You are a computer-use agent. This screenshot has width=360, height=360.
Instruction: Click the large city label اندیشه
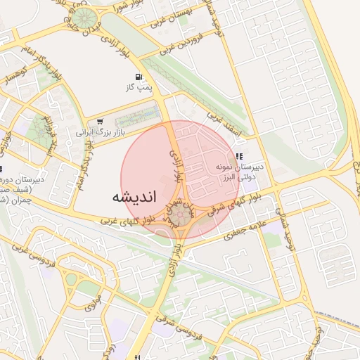134,198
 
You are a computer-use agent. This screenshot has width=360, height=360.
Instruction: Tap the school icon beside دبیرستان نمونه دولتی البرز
239,157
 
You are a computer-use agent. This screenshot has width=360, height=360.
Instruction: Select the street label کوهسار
15,76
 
